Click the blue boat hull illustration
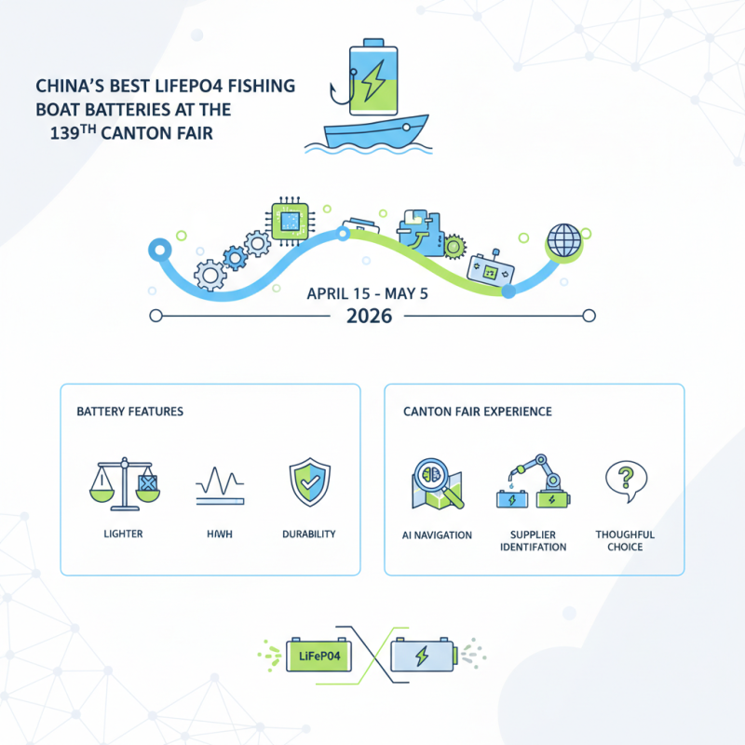(373, 131)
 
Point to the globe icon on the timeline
(563, 240)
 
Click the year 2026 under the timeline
(369, 316)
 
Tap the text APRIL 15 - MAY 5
(369, 293)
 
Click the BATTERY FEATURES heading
(129, 411)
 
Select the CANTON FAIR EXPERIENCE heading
(478, 411)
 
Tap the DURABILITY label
(308, 535)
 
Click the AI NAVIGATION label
(437, 535)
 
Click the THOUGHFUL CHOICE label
(625, 540)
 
